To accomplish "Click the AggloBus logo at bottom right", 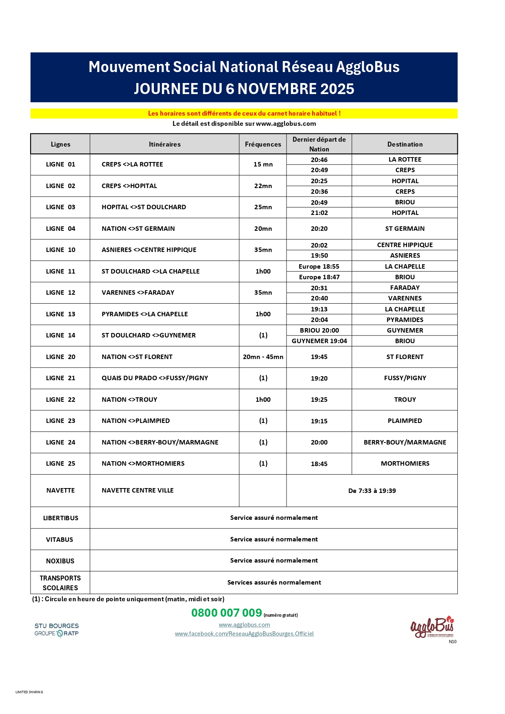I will pos(432,626).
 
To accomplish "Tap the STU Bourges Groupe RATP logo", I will pos(57,629).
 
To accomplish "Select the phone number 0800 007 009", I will pos(227,613).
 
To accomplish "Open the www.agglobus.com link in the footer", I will pos(244,625).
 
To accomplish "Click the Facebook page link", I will pos(244,634).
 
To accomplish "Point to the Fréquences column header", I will pos(263,144).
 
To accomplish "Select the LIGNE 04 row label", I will pos(61,229).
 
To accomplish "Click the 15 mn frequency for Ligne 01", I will pos(263,164).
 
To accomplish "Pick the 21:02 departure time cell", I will pos(319,213).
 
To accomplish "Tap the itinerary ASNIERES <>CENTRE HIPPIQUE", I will pos(149,250).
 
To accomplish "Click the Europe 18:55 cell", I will pos(319,267).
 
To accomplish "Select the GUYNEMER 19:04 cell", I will pos(319,341).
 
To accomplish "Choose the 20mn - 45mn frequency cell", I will pos(263,357).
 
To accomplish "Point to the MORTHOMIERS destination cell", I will pos(405,464).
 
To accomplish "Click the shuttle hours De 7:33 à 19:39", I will pos(372,491).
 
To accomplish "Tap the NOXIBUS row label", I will pos(60,561).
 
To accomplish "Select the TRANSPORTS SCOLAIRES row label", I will pos(60,583).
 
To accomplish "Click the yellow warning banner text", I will pos(244,114).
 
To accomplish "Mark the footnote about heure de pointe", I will pos(128,599).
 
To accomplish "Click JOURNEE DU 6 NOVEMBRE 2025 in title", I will pos(244,89).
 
